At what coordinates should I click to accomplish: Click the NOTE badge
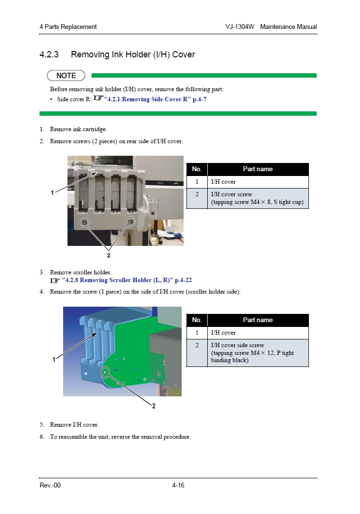click(x=66, y=76)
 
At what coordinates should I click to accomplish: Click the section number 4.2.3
click(x=49, y=54)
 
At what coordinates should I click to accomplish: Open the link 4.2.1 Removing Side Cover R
click(x=155, y=99)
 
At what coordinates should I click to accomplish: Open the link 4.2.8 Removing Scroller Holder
click(x=127, y=280)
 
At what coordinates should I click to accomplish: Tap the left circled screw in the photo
click(x=85, y=223)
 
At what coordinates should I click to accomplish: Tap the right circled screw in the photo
click(x=131, y=222)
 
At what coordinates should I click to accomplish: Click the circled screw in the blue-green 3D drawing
click(x=105, y=372)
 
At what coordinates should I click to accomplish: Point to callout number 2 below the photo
click(x=108, y=255)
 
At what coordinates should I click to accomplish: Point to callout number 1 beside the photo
click(x=52, y=193)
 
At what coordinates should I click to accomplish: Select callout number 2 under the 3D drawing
click(x=154, y=406)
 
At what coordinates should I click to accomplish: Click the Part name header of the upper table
click(x=258, y=169)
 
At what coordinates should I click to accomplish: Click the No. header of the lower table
click(x=197, y=320)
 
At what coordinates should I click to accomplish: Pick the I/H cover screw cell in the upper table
click(x=258, y=198)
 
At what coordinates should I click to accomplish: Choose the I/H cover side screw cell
click(x=258, y=353)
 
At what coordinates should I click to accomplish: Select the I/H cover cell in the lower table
click(x=258, y=333)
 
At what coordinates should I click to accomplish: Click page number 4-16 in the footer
click(x=178, y=485)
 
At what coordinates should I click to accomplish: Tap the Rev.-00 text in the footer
click(x=50, y=485)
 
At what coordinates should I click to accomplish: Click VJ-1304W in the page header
click(x=240, y=27)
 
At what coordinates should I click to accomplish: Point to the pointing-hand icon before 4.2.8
click(x=55, y=281)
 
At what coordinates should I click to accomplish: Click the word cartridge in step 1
click(x=94, y=130)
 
